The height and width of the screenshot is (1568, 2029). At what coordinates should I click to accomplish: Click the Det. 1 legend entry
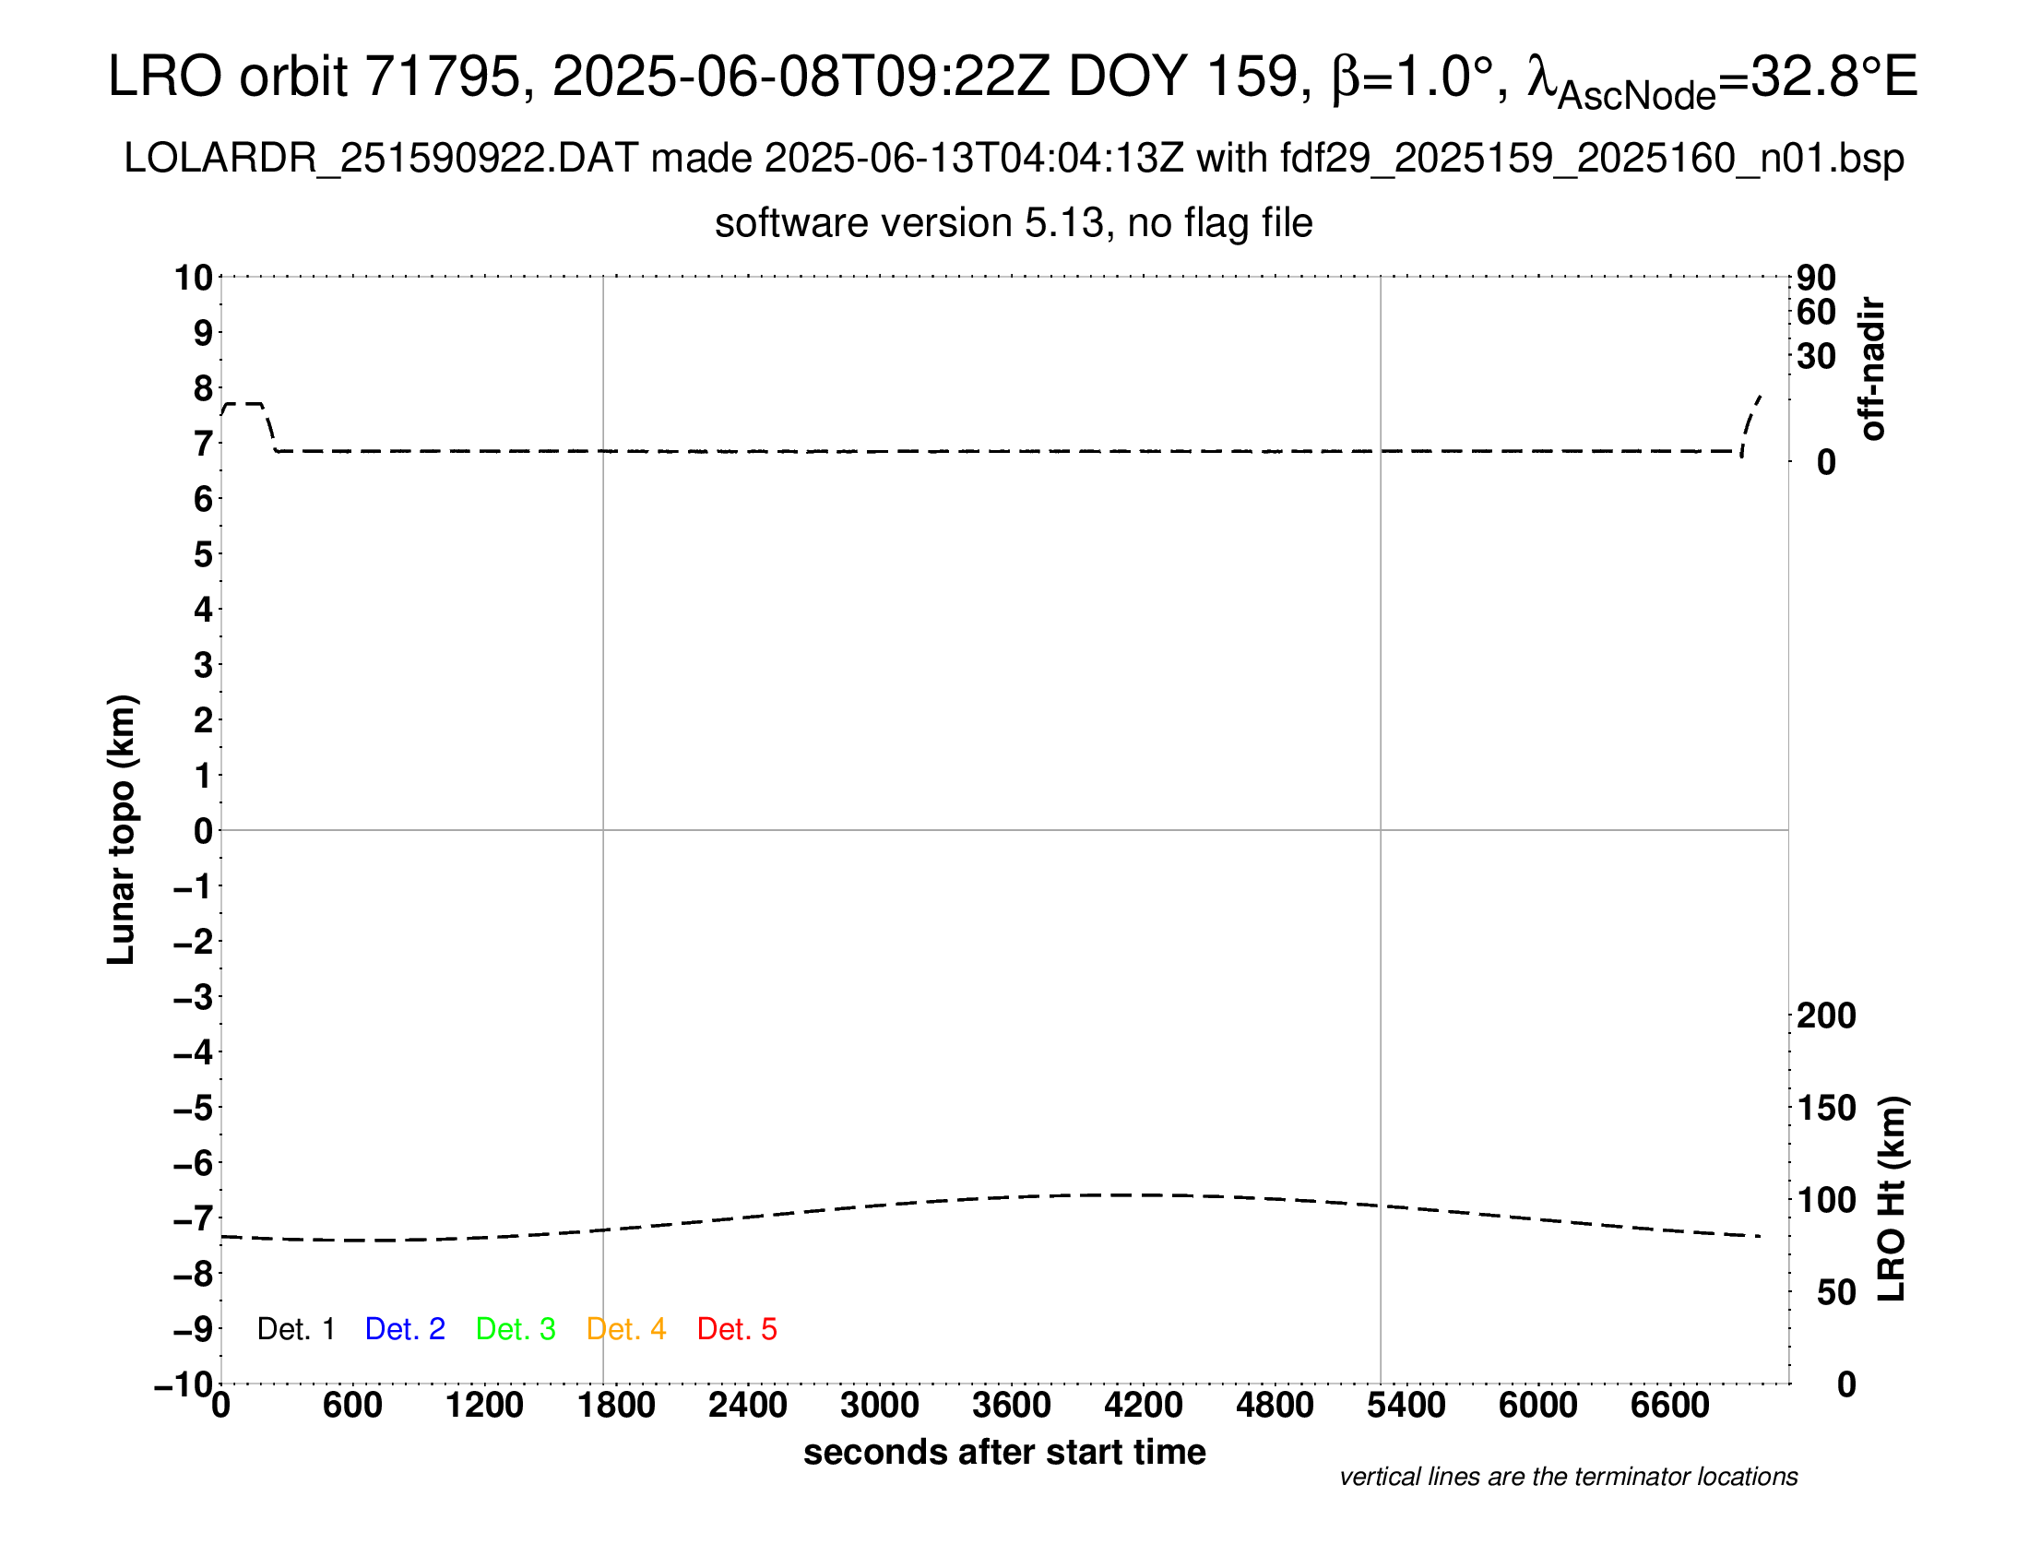295,1329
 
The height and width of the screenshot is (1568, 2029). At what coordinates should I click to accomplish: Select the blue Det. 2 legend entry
405,1329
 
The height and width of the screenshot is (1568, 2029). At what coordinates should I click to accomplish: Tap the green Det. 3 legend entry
516,1329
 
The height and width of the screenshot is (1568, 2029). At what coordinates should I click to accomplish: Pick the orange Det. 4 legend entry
626,1329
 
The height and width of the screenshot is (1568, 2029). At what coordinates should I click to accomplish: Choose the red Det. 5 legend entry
737,1329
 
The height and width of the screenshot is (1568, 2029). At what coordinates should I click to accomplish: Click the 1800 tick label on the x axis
616,1406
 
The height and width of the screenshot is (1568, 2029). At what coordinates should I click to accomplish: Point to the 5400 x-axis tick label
1406,1406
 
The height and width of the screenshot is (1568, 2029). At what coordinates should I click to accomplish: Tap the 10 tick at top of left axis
195,277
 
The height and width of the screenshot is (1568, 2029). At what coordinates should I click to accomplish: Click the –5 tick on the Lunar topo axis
194,1108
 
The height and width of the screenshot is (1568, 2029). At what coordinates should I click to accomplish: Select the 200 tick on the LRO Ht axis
1826,1016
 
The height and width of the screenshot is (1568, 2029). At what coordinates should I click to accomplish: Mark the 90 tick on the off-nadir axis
1816,277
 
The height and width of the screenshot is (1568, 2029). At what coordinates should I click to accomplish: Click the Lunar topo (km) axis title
122,829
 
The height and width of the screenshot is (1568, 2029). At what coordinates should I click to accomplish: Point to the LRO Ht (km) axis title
1892,1199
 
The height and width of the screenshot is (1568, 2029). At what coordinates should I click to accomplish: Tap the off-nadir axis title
1873,369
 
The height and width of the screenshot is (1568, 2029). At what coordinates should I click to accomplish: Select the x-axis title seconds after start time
1004,1452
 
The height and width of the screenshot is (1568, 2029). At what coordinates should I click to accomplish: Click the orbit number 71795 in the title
442,77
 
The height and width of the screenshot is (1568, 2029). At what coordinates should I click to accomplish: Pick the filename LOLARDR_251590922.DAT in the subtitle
381,159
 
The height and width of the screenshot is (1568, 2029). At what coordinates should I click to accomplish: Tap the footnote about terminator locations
1568,1477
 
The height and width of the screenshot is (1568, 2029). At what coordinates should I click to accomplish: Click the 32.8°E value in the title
1833,77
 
